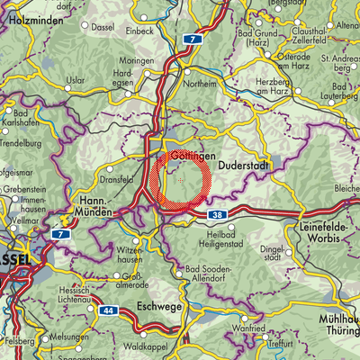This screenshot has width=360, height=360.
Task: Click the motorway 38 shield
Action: pyautogui.click(x=219, y=215)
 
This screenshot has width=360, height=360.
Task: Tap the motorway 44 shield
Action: pyautogui.click(x=109, y=310)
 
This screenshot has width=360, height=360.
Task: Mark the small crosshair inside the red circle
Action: pyautogui.click(x=181, y=181)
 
